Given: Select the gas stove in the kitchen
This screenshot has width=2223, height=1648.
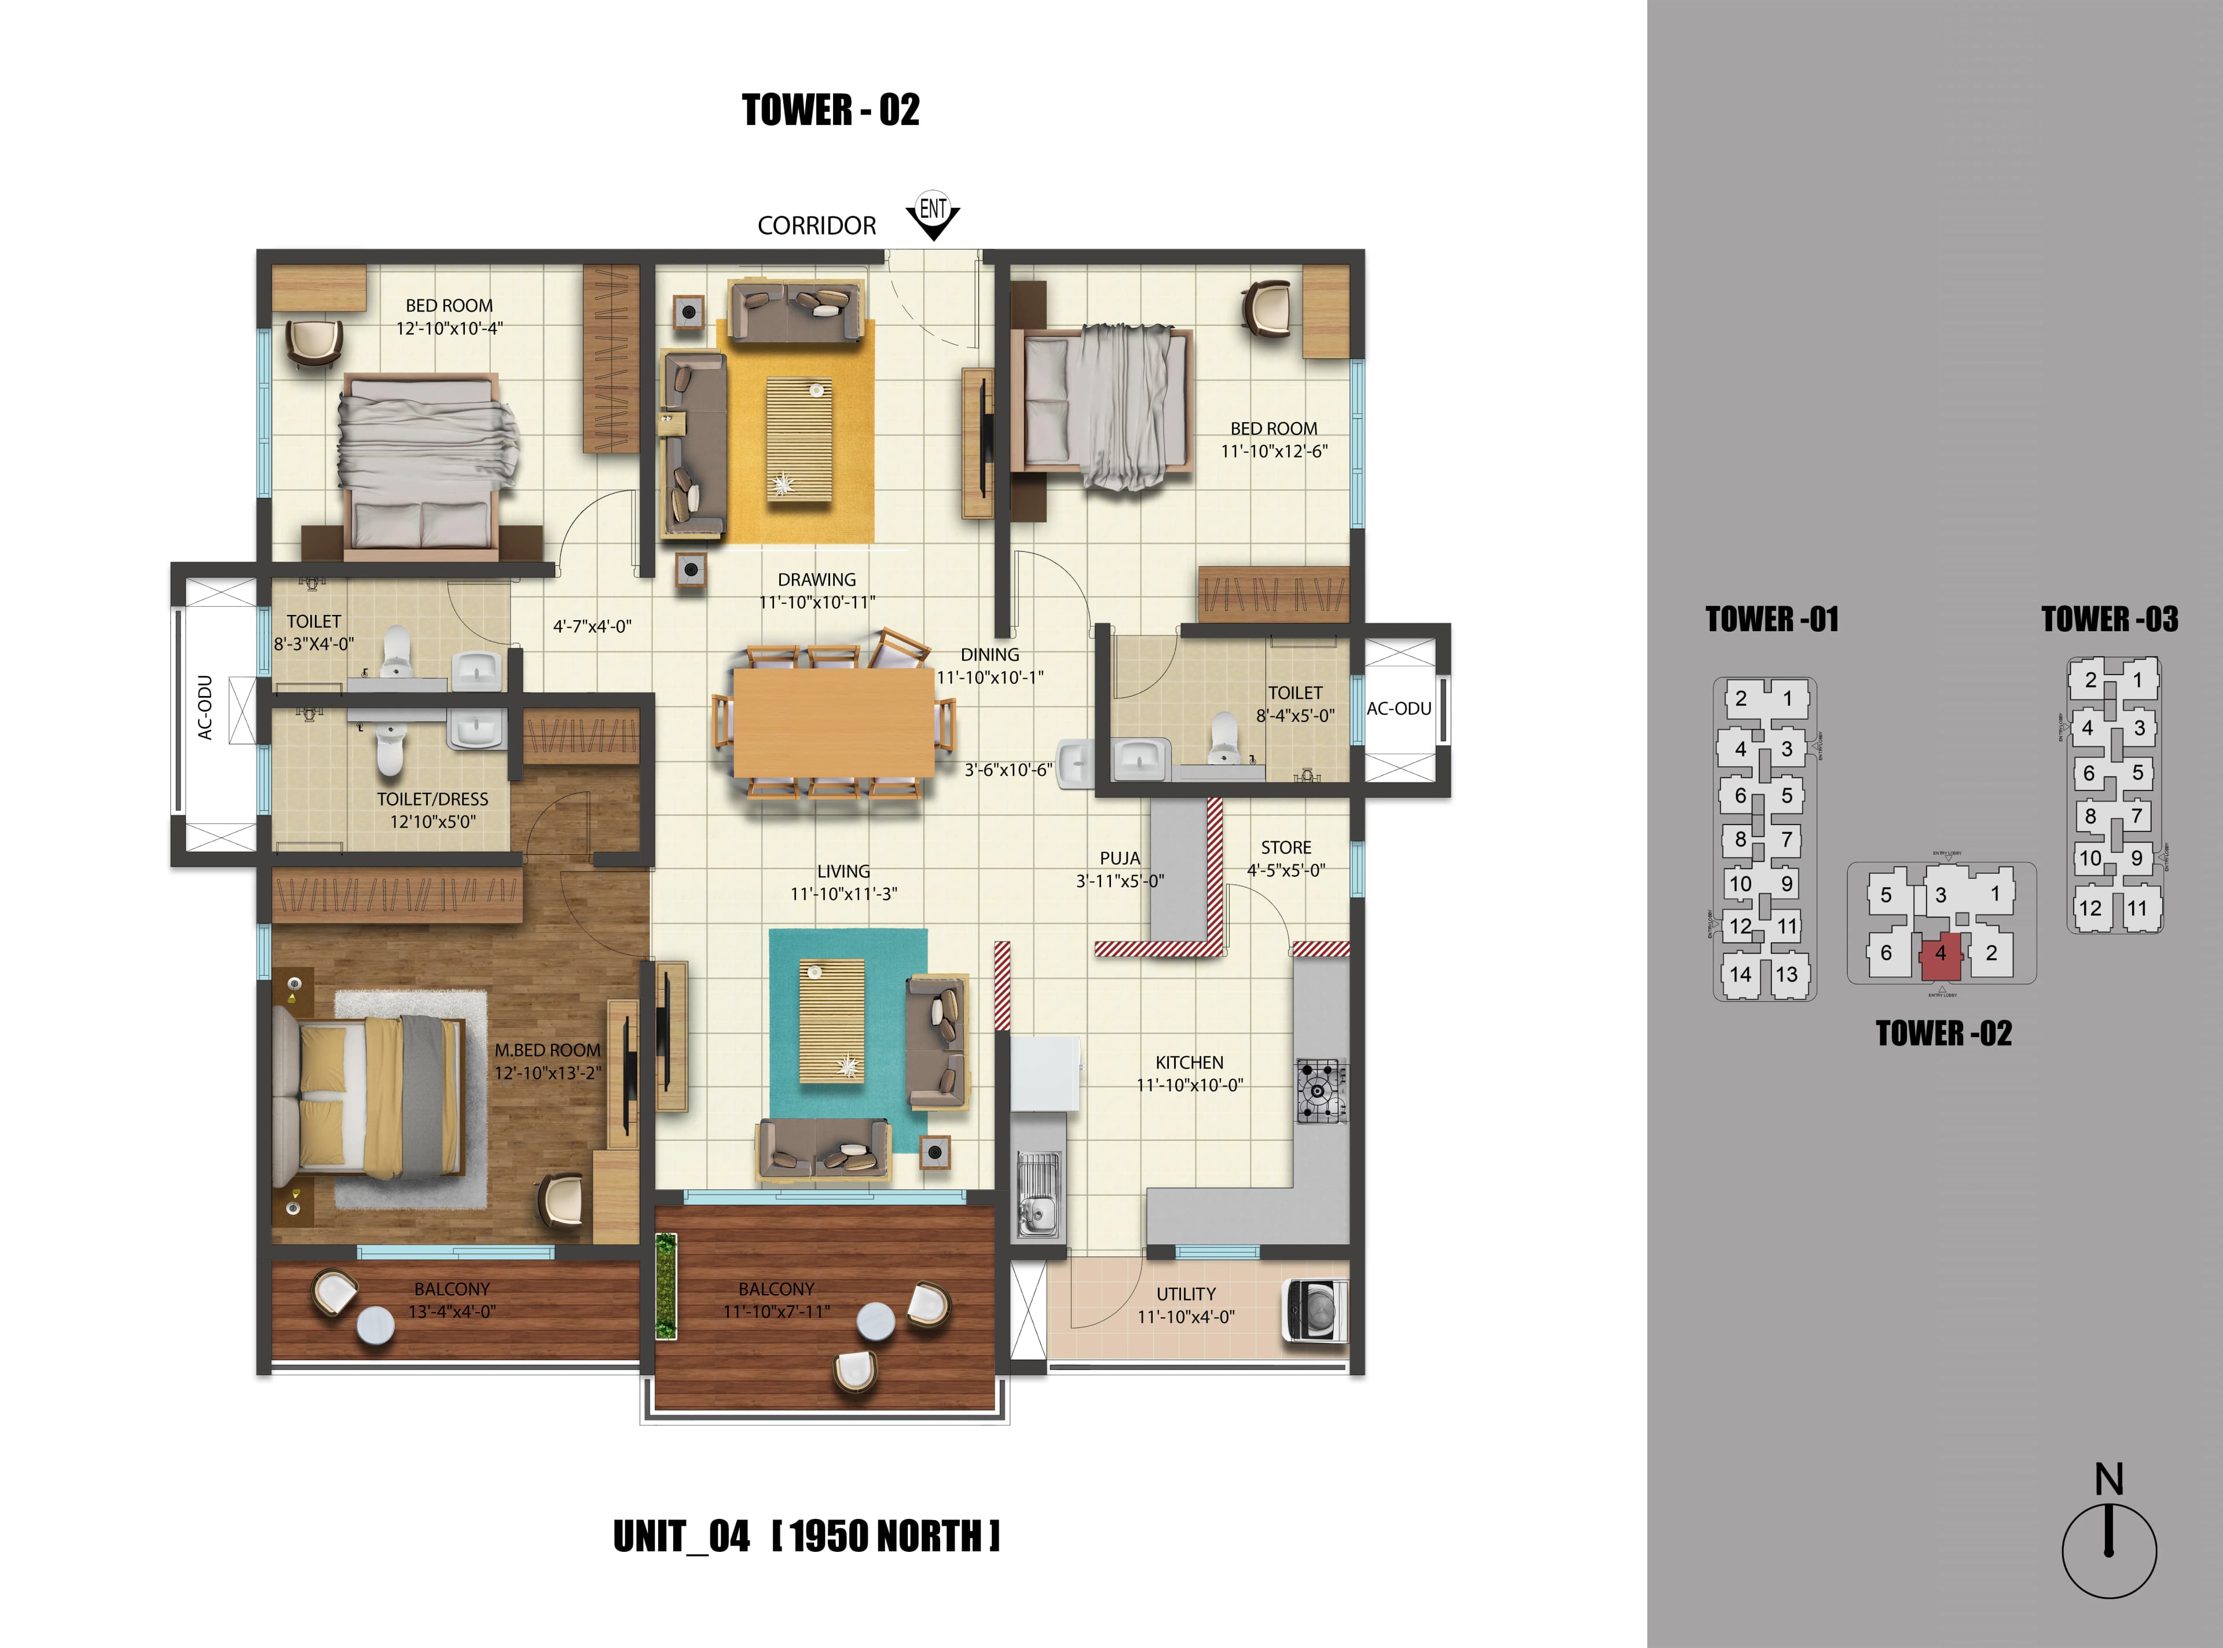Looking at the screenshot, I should click(1320, 1090).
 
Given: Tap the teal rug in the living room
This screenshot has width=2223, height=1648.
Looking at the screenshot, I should click(848, 1038).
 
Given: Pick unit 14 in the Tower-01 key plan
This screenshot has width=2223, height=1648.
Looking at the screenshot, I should click(1740, 975).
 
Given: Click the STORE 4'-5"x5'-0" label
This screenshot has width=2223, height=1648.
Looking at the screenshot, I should click(1286, 859).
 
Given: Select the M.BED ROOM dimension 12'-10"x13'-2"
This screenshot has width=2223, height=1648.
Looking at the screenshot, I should click(548, 1074).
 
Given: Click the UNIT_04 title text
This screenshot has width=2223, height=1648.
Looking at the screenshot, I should click(681, 1536).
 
